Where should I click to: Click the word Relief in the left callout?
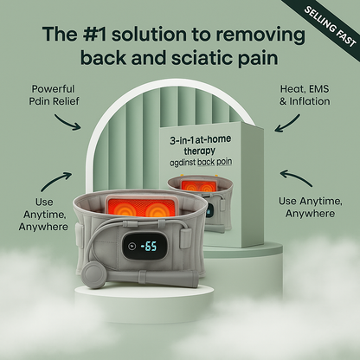[79, 104]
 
